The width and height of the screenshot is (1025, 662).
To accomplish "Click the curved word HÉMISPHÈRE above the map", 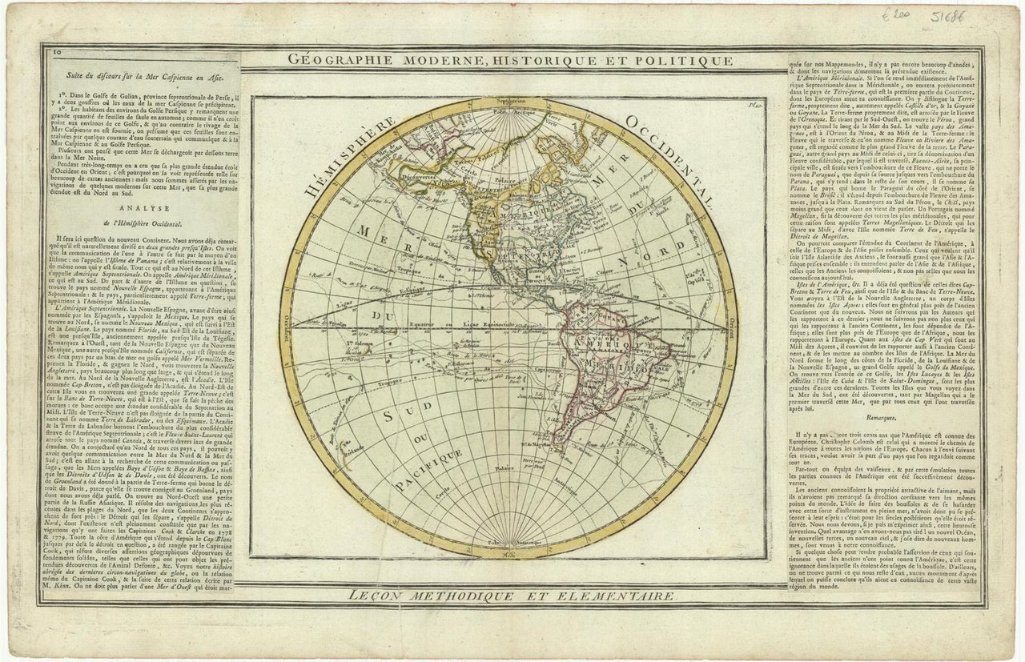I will click(x=350, y=154).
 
